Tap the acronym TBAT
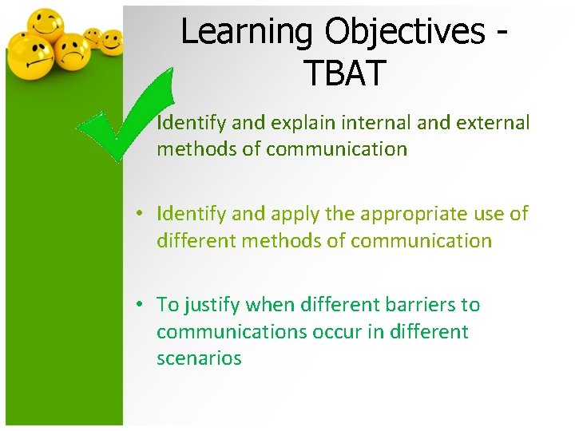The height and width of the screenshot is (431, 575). point(344,73)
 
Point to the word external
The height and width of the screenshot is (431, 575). point(496,123)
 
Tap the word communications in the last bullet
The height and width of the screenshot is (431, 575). point(229,332)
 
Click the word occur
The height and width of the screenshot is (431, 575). point(335,332)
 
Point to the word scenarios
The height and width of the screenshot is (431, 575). point(199,358)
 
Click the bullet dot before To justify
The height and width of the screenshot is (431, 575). point(139,305)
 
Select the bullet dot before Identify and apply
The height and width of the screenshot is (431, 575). point(139,214)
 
